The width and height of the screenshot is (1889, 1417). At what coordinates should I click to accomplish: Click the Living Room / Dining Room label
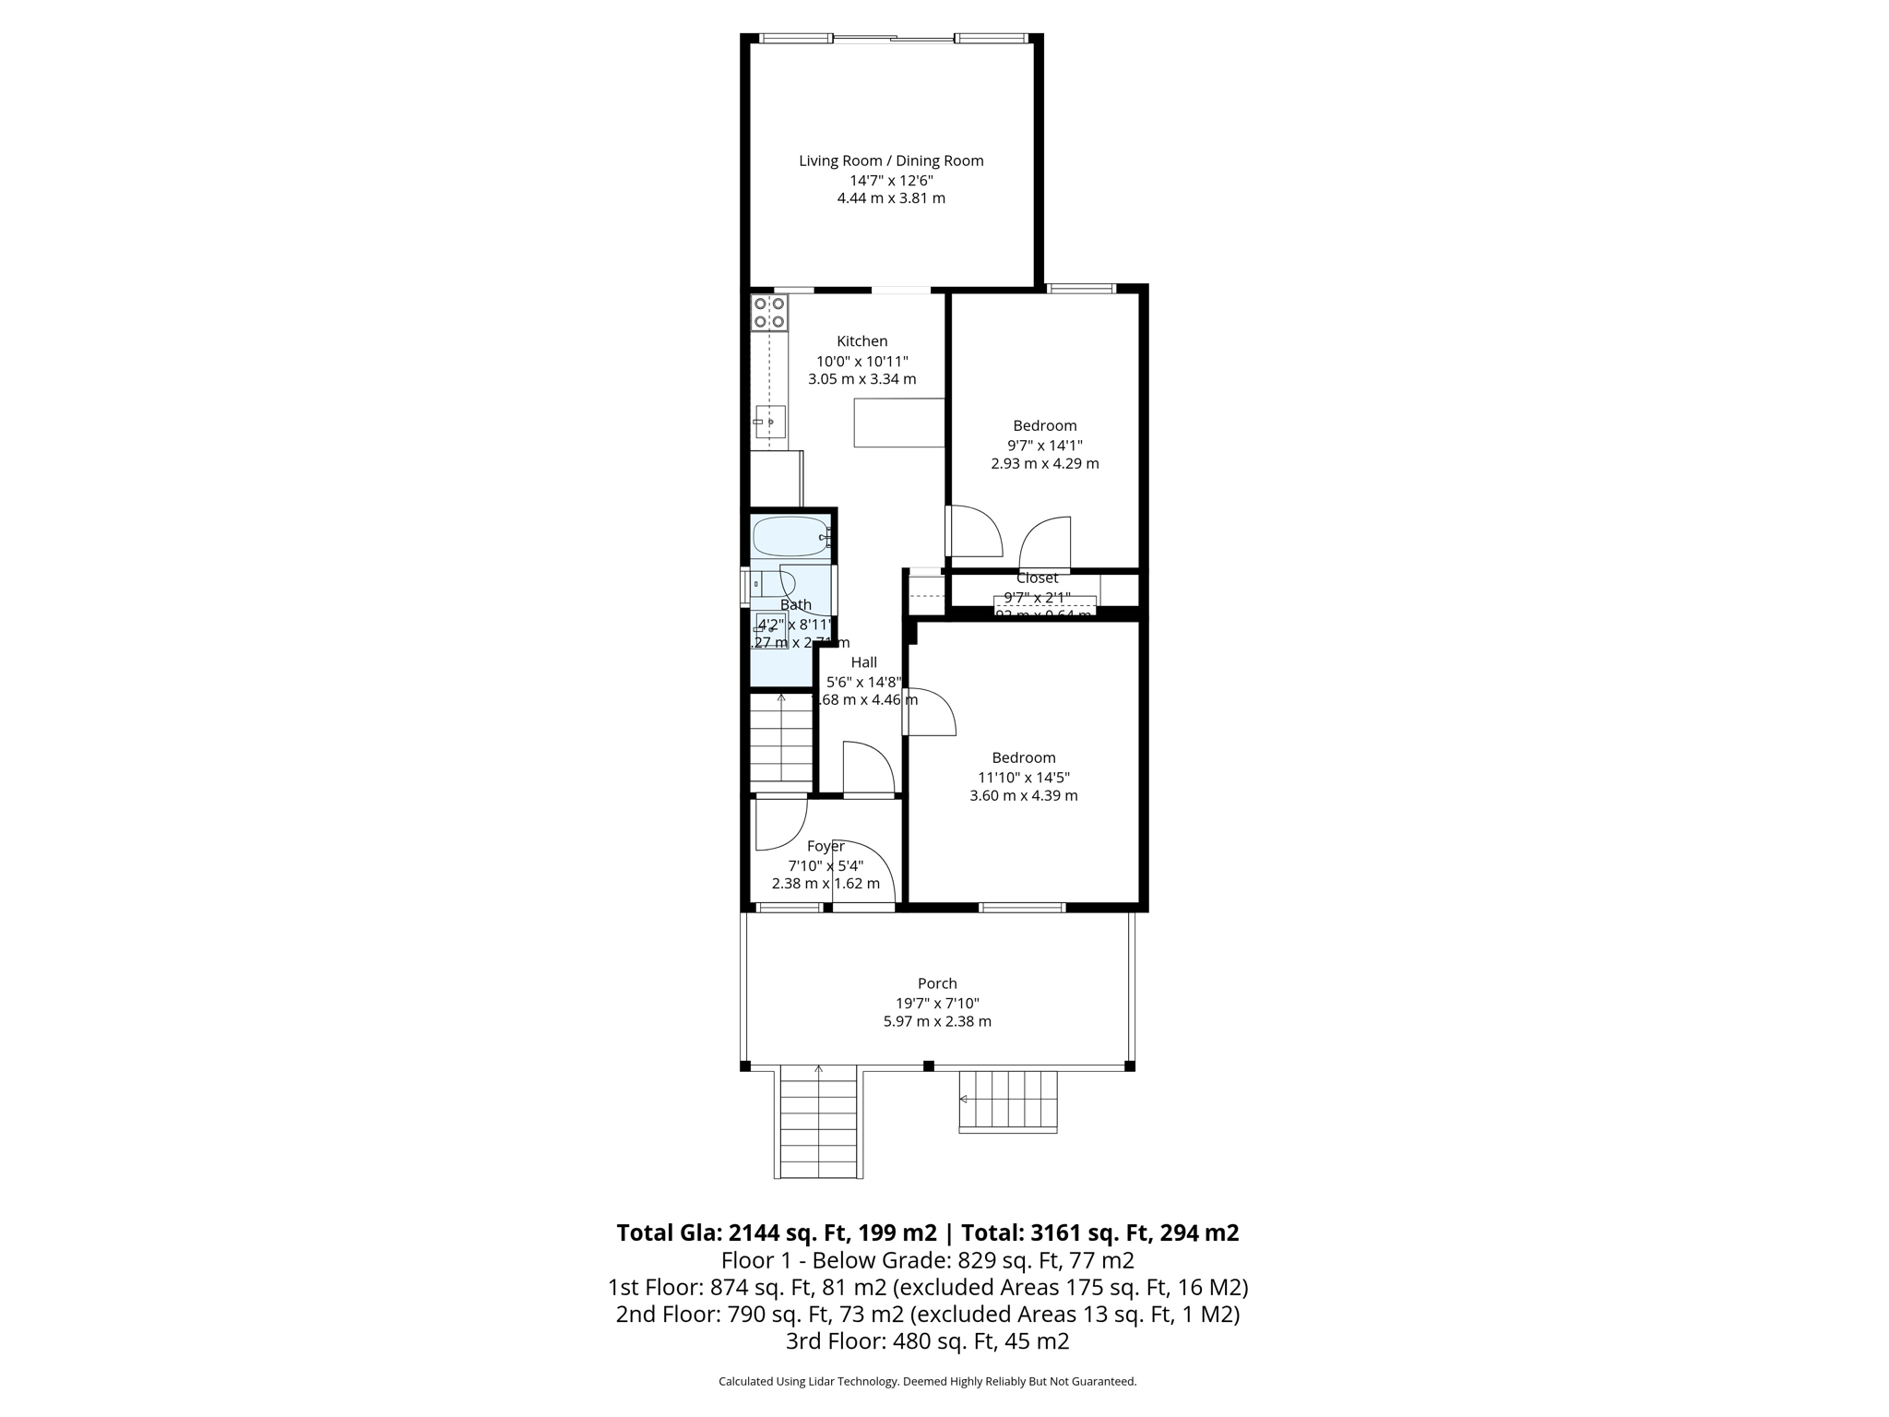(x=891, y=161)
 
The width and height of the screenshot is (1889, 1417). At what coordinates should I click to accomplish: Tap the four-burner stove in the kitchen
(x=769, y=313)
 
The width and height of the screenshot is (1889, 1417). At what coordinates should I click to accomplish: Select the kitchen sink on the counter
(x=769, y=422)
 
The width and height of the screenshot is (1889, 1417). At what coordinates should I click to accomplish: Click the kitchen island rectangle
(x=899, y=423)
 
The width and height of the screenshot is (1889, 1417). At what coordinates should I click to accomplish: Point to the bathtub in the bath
(x=791, y=536)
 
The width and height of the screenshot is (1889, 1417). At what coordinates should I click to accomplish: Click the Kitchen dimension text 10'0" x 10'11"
(x=861, y=361)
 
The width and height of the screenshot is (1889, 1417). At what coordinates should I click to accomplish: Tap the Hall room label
(x=863, y=662)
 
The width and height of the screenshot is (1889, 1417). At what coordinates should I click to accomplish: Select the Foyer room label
(x=825, y=846)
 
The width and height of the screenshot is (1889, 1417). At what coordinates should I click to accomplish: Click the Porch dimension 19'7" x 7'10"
(x=937, y=1003)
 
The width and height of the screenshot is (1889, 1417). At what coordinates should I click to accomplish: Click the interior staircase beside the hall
(x=781, y=740)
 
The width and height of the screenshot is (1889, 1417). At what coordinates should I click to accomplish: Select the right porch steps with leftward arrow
(x=1008, y=1100)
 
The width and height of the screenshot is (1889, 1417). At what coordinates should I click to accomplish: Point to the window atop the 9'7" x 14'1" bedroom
(x=1081, y=289)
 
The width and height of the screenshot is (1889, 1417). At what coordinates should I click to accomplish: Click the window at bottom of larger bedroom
(x=1022, y=908)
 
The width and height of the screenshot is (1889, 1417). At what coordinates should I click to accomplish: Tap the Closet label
(x=1037, y=578)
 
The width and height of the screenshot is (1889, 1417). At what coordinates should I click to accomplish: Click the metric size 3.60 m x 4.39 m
(x=1023, y=795)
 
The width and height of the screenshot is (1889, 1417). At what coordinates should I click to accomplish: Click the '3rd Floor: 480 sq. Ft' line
(x=927, y=1340)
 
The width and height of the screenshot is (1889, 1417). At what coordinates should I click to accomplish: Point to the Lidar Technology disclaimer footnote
(x=927, y=1381)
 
